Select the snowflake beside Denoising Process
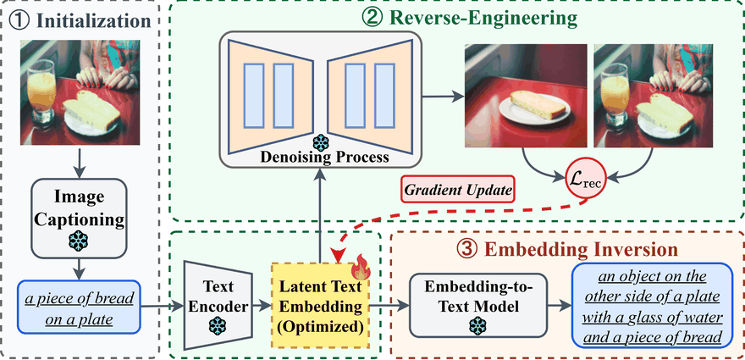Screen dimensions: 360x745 click(x=320, y=141)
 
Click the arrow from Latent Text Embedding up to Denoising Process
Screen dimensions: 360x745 click(x=320, y=212)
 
